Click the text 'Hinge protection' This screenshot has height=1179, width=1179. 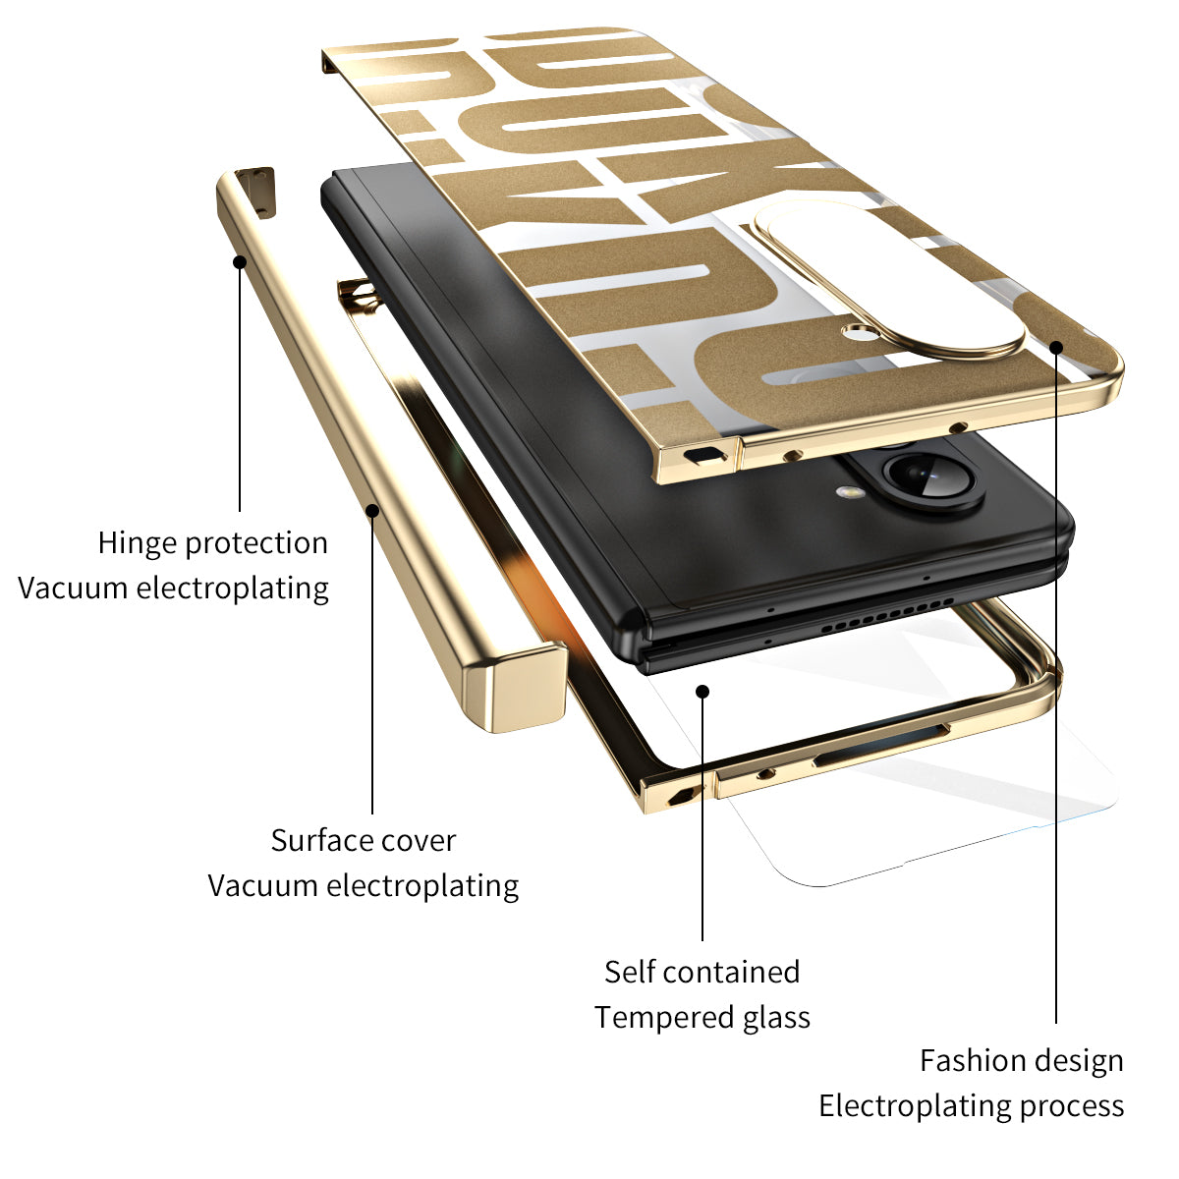click(x=212, y=542)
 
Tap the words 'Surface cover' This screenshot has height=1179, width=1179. click(x=363, y=840)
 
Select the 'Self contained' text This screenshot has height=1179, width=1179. click(x=702, y=972)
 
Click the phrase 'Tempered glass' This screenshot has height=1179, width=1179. click(x=702, y=1017)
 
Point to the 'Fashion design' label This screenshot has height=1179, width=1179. click(x=1021, y=1060)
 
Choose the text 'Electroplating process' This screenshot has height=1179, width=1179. click(x=971, y=1105)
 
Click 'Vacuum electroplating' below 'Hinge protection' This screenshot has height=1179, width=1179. click(x=173, y=588)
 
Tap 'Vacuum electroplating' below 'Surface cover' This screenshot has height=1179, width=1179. click(x=363, y=885)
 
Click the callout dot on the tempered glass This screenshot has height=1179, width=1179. click(x=702, y=691)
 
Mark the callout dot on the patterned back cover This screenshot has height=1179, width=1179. click(x=1056, y=346)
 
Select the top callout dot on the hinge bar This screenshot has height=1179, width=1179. click(x=239, y=260)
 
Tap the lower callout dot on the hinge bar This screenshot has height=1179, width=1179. click(x=372, y=509)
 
